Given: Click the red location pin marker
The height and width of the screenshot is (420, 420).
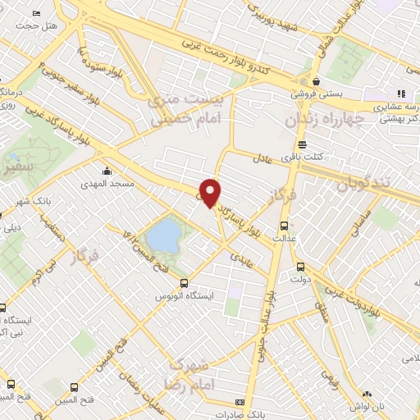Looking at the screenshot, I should (x=212, y=193).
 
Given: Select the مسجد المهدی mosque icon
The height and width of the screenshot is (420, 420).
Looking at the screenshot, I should (x=107, y=172).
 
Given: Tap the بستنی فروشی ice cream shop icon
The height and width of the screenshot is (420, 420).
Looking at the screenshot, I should (x=316, y=82).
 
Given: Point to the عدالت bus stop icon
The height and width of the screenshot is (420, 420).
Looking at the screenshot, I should (x=284, y=225).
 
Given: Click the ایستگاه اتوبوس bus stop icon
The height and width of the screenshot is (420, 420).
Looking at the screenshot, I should (x=184, y=282).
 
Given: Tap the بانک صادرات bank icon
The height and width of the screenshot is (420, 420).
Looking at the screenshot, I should (x=239, y=403).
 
